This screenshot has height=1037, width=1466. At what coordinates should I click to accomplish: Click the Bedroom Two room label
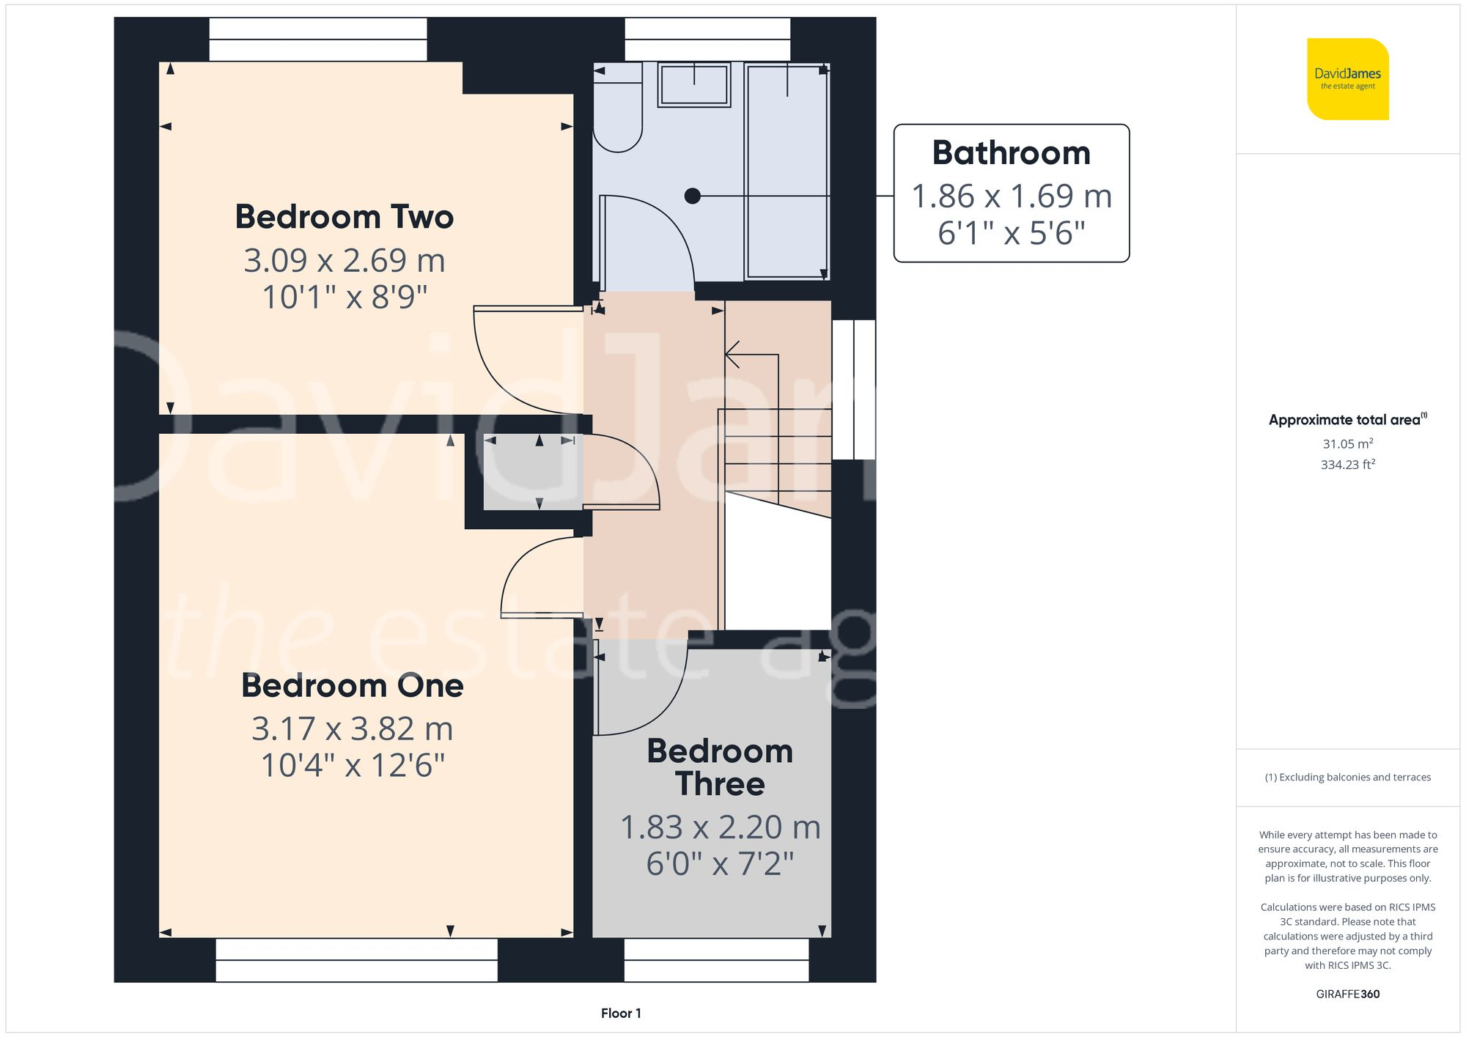pyautogui.click(x=344, y=217)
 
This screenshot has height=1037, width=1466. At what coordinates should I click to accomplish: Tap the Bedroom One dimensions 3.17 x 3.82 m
pyautogui.click(x=352, y=728)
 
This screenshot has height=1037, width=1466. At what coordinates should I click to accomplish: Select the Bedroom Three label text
pyautogui.click(x=720, y=767)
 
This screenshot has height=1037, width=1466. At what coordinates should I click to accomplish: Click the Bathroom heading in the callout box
pyautogui.click(x=1011, y=153)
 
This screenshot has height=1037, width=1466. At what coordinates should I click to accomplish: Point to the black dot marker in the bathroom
pyautogui.click(x=692, y=196)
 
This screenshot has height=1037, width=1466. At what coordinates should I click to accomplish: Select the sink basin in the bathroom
pyautogui.click(x=693, y=84)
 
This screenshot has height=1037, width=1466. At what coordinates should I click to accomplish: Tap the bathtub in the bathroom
pyautogui.click(x=787, y=170)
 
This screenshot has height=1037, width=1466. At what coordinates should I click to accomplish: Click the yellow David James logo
pyautogui.click(x=1347, y=79)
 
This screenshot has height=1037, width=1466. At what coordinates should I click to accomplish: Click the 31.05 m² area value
pyautogui.click(x=1347, y=443)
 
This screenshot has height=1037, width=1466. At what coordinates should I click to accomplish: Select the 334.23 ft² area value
pyautogui.click(x=1347, y=465)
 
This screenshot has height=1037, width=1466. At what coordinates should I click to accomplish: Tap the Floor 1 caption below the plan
pyautogui.click(x=621, y=1014)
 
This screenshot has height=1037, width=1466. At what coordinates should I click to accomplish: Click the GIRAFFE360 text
pyautogui.click(x=1347, y=994)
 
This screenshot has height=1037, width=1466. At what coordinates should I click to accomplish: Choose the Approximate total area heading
pyautogui.click(x=1347, y=420)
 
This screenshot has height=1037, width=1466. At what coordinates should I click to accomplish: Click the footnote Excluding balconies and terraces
pyautogui.click(x=1347, y=778)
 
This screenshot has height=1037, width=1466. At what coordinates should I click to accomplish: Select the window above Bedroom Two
pyautogui.click(x=318, y=40)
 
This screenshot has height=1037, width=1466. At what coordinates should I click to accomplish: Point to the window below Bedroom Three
pyautogui.click(x=716, y=960)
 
